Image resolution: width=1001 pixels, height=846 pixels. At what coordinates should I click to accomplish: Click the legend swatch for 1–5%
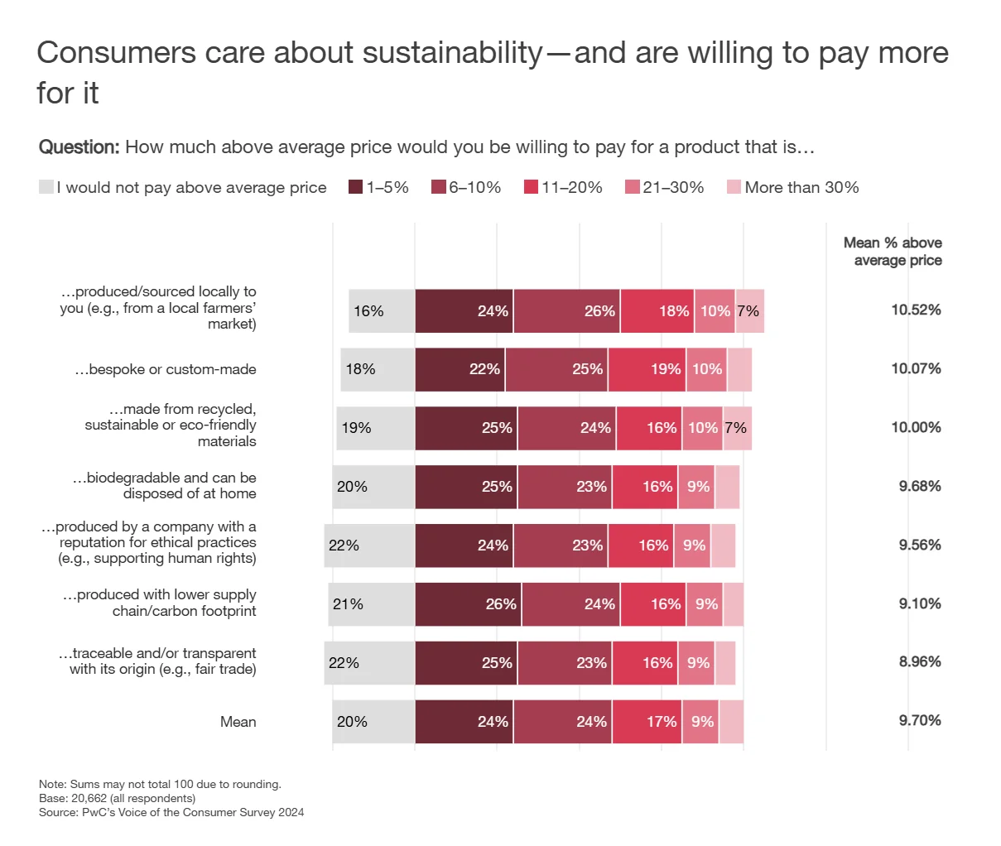point(356,187)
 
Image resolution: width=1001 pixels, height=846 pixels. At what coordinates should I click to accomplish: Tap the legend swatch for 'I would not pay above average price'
point(46,187)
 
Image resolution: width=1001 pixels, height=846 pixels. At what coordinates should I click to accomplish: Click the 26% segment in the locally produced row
point(566,311)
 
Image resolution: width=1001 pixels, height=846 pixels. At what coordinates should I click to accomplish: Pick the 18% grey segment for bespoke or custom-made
point(378,369)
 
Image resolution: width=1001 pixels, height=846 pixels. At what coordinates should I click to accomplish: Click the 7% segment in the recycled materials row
point(737,428)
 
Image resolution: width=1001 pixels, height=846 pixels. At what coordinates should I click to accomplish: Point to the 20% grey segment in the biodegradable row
point(373,487)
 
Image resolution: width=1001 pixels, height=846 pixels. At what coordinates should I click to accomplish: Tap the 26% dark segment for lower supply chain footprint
point(468,604)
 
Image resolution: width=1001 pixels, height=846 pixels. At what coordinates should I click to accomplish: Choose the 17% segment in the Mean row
point(647,722)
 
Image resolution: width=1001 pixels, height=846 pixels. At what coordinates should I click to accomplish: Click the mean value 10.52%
point(916,310)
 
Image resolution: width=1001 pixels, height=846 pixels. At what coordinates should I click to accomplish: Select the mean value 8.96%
point(920,662)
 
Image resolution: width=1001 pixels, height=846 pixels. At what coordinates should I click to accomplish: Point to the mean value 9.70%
point(920,721)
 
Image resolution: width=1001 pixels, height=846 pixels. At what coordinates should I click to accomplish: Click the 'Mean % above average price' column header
point(893,252)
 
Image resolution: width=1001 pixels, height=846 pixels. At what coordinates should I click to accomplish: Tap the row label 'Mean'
point(238,722)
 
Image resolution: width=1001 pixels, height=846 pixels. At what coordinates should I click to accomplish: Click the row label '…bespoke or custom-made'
point(166,369)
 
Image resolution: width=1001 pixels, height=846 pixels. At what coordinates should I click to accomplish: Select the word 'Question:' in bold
point(79,147)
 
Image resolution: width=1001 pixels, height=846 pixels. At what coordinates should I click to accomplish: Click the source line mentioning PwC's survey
point(171,813)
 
